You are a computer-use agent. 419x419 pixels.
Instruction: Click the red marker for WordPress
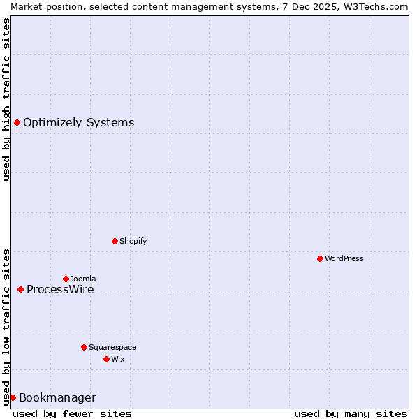[320, 258]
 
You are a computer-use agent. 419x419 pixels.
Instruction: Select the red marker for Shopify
[115, 241]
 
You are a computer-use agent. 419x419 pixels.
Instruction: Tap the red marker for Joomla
[66, 279]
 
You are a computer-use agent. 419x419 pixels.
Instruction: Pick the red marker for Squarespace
[84, 347]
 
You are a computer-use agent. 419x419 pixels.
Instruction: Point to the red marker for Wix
[106, 359]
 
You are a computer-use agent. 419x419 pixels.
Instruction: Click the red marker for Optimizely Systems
[17, 123]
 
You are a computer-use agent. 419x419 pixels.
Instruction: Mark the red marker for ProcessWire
[20, 289]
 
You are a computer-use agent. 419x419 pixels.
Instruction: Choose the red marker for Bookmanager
[13, 397]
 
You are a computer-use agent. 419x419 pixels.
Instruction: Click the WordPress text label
[344, 258]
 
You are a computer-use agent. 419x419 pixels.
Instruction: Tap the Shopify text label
[133, 241]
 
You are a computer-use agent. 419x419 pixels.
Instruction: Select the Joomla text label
[83, 279]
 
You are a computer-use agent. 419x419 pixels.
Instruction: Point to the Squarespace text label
[112, 347]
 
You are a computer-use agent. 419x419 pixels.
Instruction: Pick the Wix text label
[117, 359]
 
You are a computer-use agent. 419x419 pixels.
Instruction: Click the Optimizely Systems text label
[78, 123]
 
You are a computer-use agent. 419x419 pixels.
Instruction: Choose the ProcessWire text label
[60, 289]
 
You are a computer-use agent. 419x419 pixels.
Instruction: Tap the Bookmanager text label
[57, 398]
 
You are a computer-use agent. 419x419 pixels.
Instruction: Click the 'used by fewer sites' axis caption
[72, 413]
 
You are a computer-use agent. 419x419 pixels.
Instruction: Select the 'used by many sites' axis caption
[351, 413]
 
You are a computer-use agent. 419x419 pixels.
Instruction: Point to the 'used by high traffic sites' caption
[6, 99]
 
